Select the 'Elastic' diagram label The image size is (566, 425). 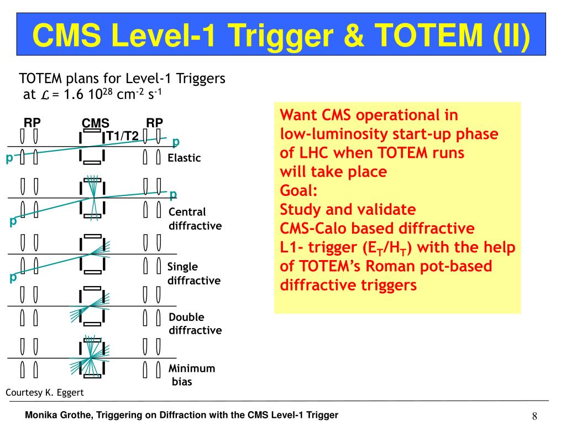184,158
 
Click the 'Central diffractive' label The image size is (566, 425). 195,219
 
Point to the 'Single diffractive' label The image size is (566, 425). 193,274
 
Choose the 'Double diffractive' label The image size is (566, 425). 195,324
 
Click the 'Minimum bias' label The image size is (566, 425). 191,375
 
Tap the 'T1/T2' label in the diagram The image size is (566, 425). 122,136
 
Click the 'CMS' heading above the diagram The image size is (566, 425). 95,123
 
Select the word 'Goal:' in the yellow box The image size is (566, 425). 298,191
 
